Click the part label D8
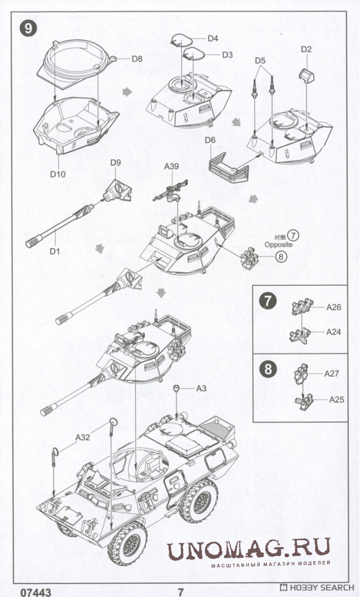(x=137, y=59)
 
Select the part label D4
(x=212, y=39)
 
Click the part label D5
(x=260, y=60)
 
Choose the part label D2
(x=306, y=50)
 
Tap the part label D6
(x=211, y=140)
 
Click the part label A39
(x=172, y=167)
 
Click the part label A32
(x=83, y=436)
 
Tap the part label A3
(x=201, y=388)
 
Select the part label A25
(x=337, y=400)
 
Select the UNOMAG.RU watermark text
(x=249, y=551)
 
